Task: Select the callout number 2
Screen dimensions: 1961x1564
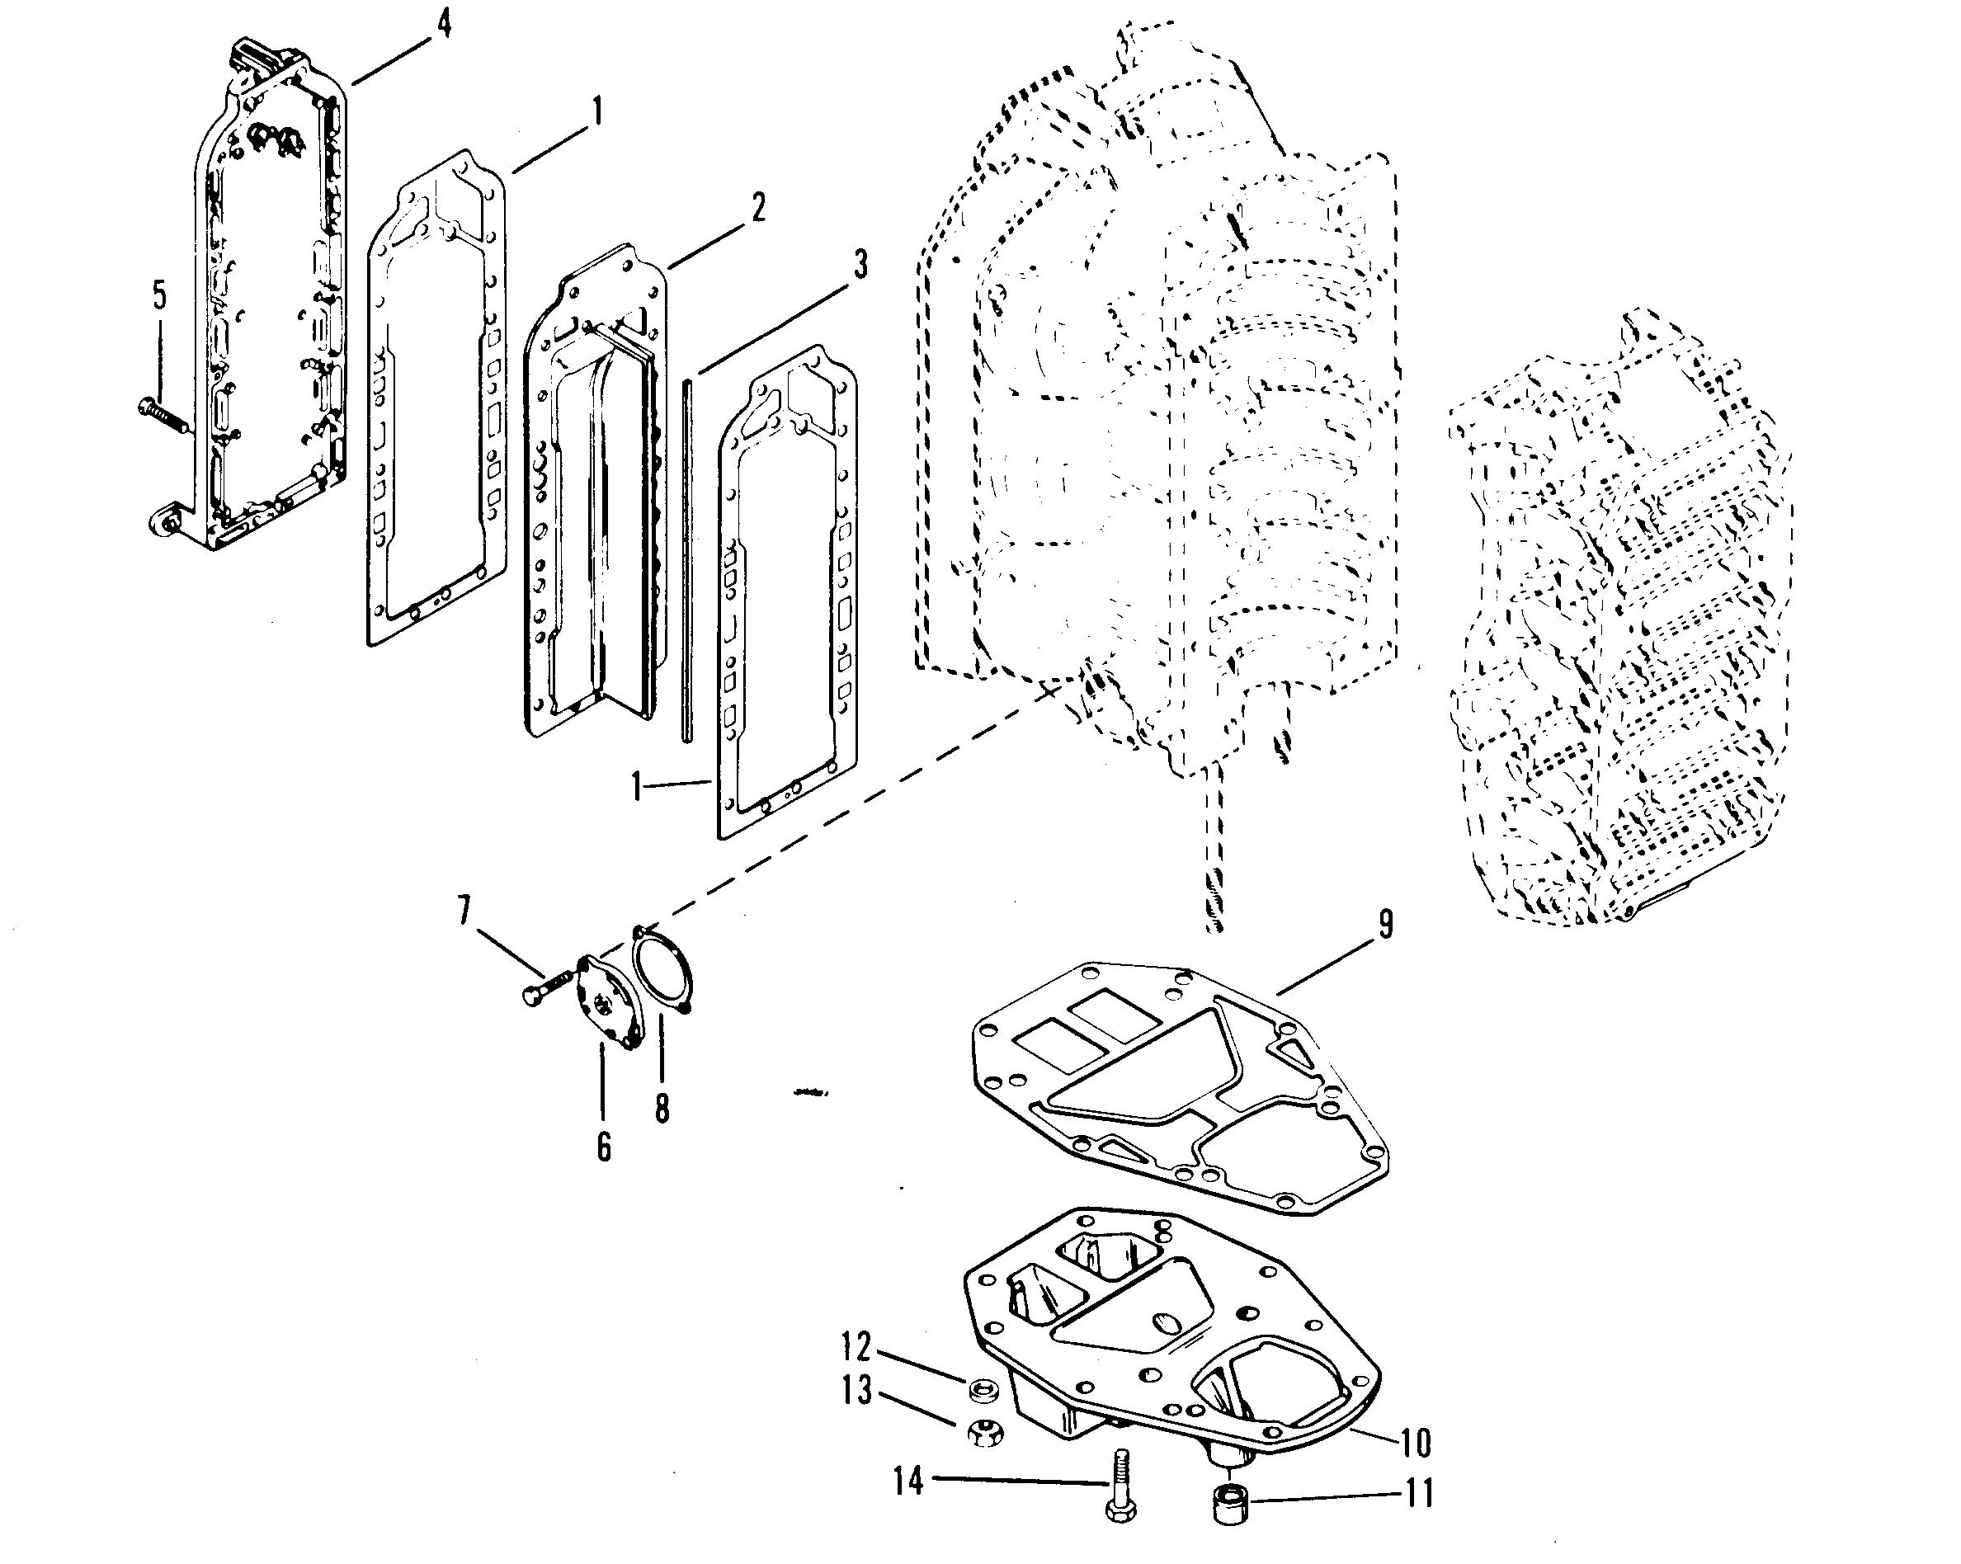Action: pos(757,208)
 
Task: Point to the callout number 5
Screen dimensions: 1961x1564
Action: pos(159,294)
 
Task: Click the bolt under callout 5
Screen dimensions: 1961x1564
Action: pos(162,416)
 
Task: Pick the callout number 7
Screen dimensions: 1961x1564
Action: pos(464,910)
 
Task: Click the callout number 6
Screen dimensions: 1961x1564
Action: pos(604,1147)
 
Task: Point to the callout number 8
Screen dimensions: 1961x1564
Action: pos(662,1109)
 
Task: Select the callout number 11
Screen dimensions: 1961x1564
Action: pos(1420,1494)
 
